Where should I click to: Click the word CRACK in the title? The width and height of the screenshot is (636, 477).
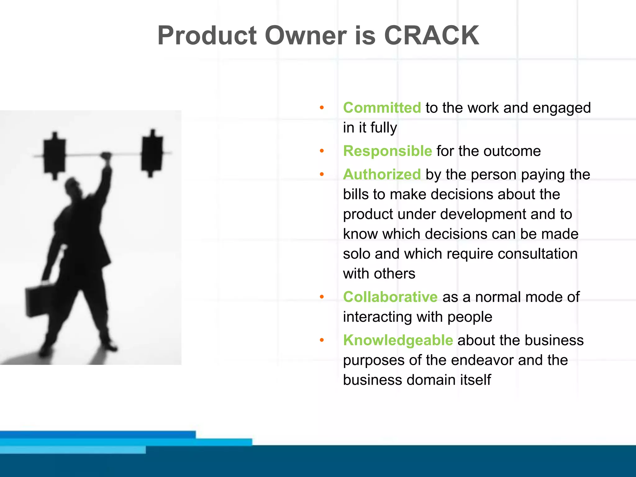pos(431,35)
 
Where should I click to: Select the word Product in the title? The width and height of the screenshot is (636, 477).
pos(207,35)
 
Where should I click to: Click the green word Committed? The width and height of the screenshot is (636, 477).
pos(382,108)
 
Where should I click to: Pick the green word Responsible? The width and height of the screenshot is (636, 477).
pos(387,151)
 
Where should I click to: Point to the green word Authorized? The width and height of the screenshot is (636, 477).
pos(382,174)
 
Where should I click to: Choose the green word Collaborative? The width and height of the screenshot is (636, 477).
pos(390,297)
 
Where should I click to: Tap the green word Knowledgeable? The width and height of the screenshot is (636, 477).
pos(398,340)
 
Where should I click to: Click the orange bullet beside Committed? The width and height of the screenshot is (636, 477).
pos(322,108)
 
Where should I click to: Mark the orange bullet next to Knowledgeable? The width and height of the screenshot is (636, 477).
pos(322,340)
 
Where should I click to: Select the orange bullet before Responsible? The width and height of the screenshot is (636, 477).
pos(322,151)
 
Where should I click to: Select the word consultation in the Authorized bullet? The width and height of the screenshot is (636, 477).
pos(537,254)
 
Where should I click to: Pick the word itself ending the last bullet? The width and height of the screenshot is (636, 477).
pos(475,380)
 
